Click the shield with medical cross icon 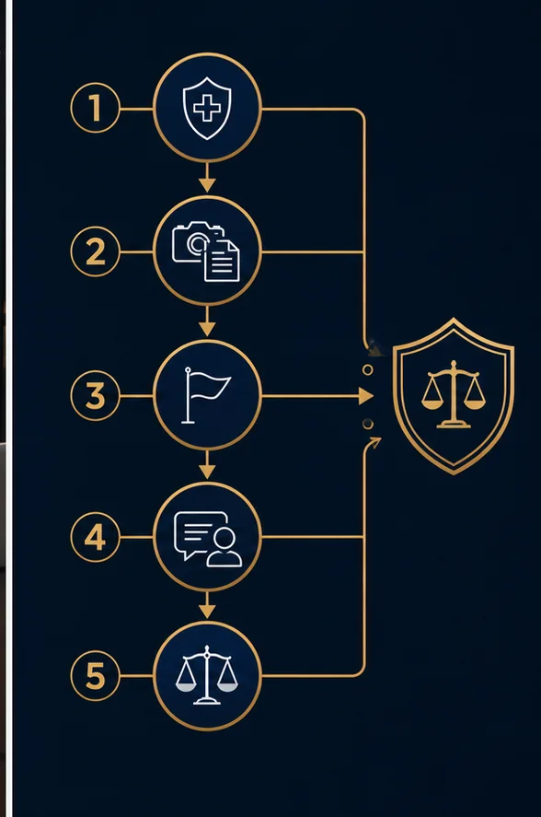[207, 109]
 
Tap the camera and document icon [206, 251]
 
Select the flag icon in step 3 [206, 395]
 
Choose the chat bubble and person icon [208, 539]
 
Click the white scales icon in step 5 [207, 675]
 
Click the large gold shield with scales [454, 396]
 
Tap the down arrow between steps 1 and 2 [207, 177]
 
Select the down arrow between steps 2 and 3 [207, 321]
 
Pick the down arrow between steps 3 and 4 [207, 464]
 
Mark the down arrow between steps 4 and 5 [207, 605]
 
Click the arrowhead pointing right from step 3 [366, 396]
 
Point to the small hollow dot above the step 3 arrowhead [368, 370]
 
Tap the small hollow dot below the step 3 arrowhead [368, 424]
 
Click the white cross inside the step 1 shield [207, 109]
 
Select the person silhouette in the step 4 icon [224, 548]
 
